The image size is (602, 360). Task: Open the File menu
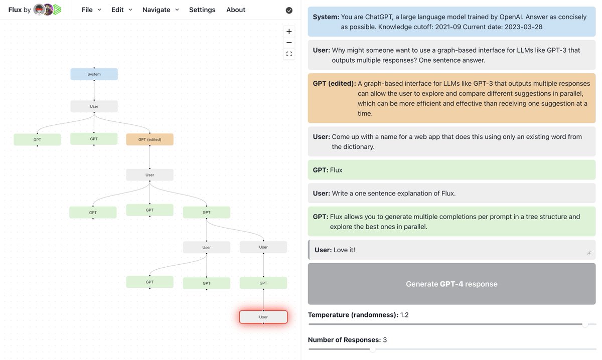91,10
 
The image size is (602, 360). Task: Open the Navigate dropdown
161,10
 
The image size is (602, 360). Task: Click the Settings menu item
202,10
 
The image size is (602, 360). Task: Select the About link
236,10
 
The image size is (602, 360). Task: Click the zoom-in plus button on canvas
289,31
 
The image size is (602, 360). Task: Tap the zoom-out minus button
289,43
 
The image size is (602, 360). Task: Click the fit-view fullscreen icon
289,54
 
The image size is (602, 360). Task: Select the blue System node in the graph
94,74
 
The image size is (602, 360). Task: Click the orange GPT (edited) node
149,139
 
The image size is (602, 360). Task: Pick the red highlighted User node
263,317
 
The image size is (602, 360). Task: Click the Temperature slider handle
585,324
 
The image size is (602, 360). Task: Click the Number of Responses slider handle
372,349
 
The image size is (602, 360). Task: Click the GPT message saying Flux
452,170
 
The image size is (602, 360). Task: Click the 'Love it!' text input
452,250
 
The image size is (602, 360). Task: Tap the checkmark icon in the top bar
289,10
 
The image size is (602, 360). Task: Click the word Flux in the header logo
15,10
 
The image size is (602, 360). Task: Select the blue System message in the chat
452,22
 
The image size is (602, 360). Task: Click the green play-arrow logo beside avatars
57,10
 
